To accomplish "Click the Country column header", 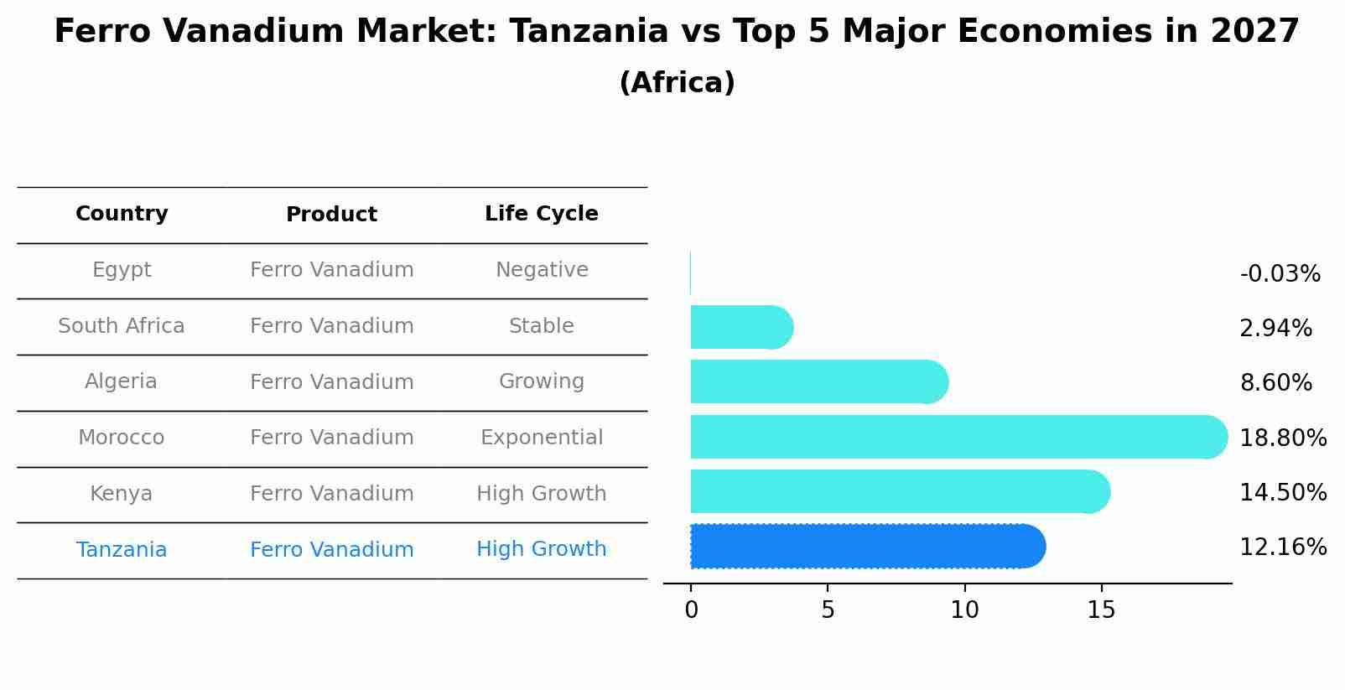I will click(x=122, y=214).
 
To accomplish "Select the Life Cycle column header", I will click(x=541, y=214).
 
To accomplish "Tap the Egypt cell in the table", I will click(x=122, y=270).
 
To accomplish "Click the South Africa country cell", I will click(x=122, y=326).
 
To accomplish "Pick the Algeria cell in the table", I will click(x=122, y=381).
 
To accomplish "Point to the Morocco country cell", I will click(x=122, y=438).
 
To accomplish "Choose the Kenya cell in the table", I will click(x=122, y=494).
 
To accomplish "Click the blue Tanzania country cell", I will click(x=122, y=550).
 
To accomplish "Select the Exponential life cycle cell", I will click(x=541, y=438).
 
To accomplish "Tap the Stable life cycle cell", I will click(x=541, y=326).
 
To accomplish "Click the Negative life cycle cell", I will click(x=541, y=270).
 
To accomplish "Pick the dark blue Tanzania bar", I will click(x=864, y=547).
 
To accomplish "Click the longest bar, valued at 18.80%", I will click(x=956, y=437).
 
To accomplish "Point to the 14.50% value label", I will click(x=1282, y=493).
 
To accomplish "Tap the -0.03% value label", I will click(x=1280, y=274).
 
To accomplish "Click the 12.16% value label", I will click(x=1282, y=547).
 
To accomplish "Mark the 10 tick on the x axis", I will click(x=964, y=610).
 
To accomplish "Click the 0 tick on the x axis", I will click(x=691, y=610).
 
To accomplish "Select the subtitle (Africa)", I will click(x=677, y=83).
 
